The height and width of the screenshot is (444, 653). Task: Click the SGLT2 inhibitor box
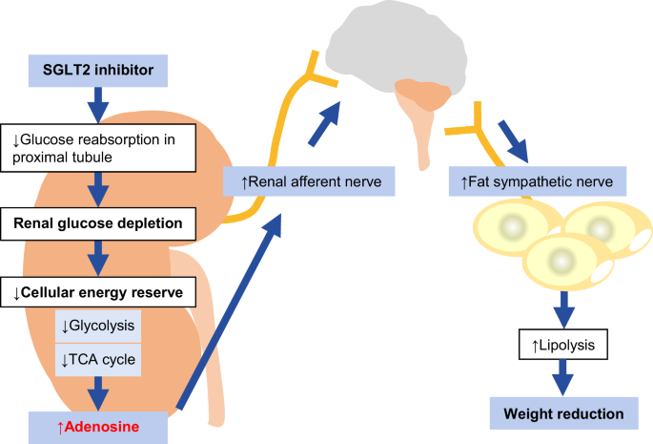(x=105, y=68)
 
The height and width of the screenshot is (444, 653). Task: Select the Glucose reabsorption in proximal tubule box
(x=105, y=146)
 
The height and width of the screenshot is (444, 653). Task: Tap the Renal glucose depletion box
(x=105, y=224)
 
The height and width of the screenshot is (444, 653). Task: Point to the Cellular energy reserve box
(x=105, y=290)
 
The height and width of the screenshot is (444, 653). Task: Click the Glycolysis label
(x=99, y=325)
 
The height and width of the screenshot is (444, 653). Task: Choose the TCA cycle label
(x=99, y=358)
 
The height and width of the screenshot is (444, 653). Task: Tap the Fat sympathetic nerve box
(x=537, y=180)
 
